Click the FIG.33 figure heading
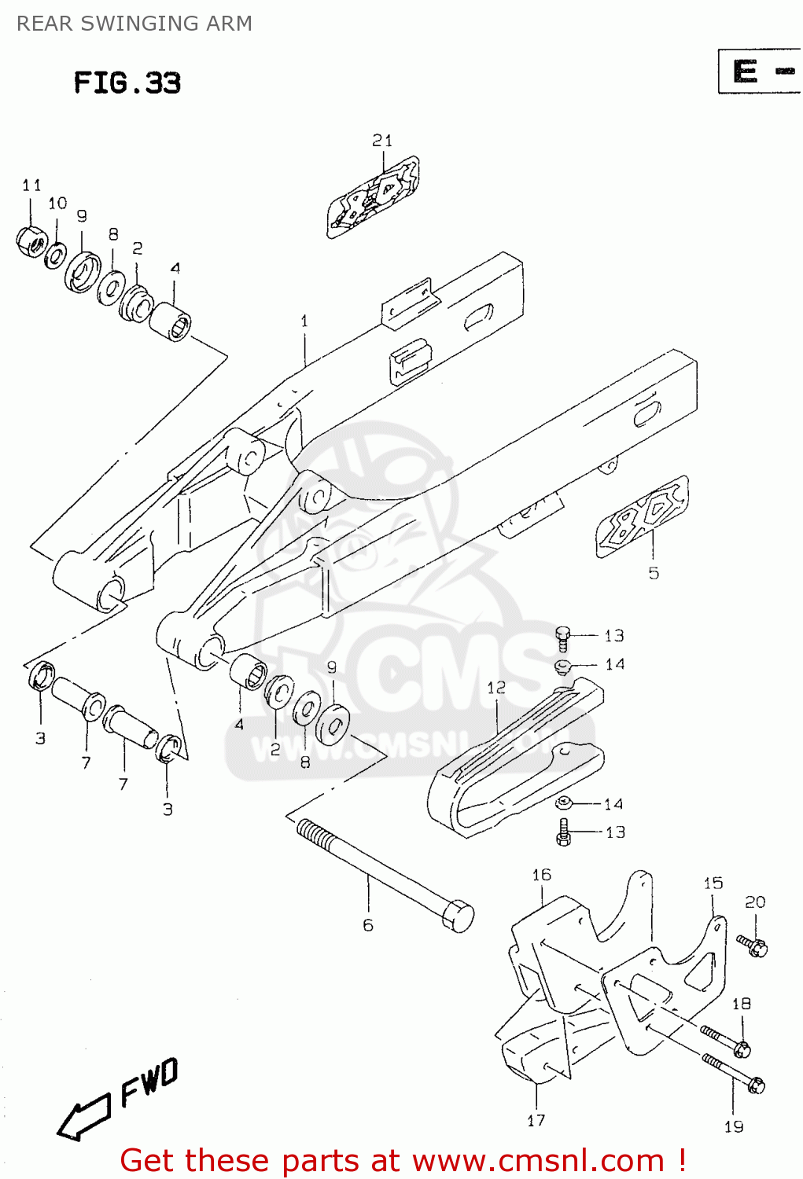point(127,83)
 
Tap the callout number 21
point(382,141)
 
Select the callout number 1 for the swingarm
point(304,321)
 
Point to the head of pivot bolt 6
point(458,916)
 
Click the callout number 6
point(368,925)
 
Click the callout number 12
point(495,688)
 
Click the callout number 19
point(733,1127)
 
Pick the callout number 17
point(536,1121)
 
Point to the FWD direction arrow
point(83,1116)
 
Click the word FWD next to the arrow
point(149,1082)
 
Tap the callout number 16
point(541,875)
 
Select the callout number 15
point(713,883)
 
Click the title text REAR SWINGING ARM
point(134,24)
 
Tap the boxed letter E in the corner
point(745,72)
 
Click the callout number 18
point(741,1004)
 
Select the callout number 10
point(57,204)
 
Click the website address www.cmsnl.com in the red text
point(538,1161)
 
